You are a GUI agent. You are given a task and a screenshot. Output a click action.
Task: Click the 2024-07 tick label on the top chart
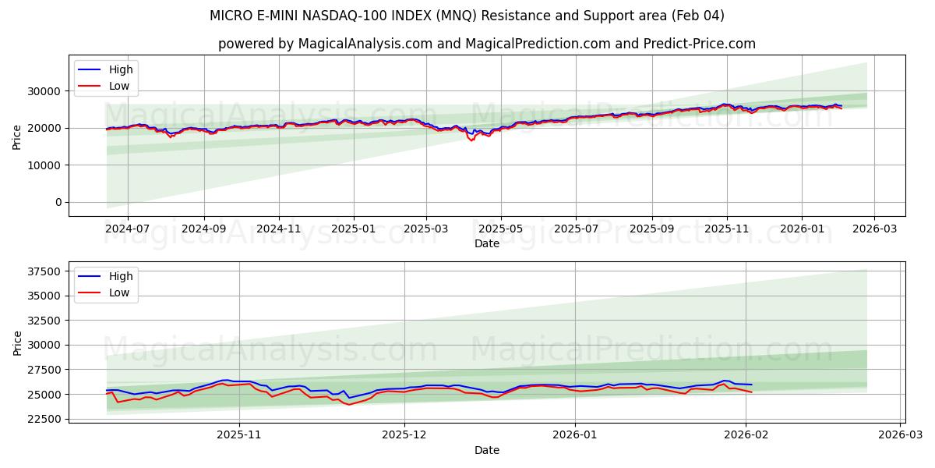click(x=127, y=229)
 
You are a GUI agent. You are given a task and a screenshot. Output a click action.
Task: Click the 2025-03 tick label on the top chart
click(x=426, y=229)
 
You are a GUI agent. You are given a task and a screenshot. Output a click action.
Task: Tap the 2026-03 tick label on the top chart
click(x=873, y=229)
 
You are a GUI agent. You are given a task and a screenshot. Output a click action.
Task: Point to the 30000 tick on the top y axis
click(x=46, y=91)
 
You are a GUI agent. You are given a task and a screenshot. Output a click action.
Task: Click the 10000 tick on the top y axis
click(x=46, y=165)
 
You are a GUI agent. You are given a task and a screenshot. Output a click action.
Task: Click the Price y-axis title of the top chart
click(x=17, y=136)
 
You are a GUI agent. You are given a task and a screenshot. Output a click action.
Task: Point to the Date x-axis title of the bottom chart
click(x=487, y=450)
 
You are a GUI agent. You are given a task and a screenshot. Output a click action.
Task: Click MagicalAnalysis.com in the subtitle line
click(x=365, y=44)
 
